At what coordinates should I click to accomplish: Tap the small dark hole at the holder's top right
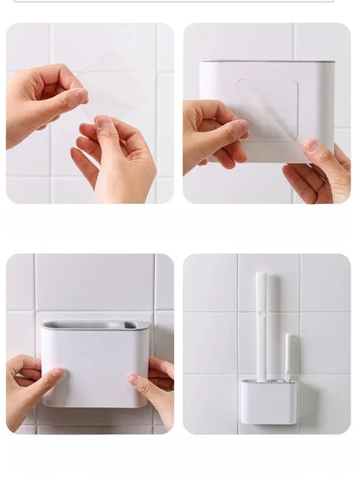(130, 325)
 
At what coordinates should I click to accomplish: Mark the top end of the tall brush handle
(260, 276)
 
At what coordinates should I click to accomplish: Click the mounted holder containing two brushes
(267, 401)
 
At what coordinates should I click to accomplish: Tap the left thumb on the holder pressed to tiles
(48, 378)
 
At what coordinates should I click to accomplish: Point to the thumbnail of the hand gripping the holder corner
(310, 147)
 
